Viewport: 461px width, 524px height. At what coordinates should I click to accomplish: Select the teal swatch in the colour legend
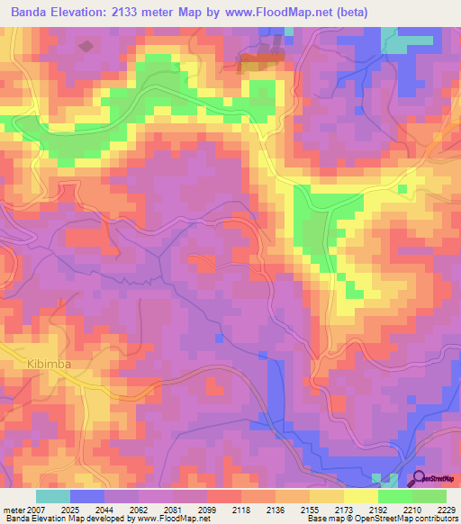click(x=53, y=496)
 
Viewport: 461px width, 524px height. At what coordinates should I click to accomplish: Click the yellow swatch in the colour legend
click(x=360, y=496)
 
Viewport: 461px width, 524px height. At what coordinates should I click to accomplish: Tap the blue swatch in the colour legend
click(x=87, y=496)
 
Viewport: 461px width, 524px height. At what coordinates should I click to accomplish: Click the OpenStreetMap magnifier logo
click(x=417, y=479)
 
